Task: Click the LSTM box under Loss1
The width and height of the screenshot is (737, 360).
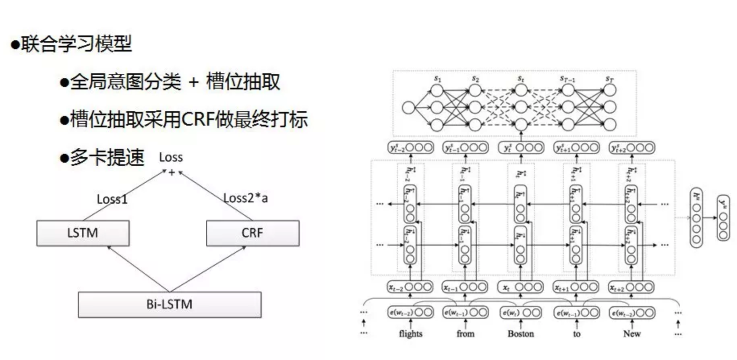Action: point(83,233)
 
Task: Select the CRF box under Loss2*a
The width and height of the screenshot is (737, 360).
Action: point(253,233)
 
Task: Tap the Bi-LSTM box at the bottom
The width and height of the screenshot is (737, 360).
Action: point(170,304)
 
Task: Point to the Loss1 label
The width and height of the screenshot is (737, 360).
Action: point(112,199)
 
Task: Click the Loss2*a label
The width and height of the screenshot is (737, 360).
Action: point(245,198)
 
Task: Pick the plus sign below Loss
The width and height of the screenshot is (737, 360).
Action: point(172,173)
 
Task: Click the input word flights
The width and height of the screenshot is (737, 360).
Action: point(410,333)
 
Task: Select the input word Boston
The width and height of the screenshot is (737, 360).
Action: point(520,333)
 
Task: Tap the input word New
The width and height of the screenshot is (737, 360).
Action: point(631,333)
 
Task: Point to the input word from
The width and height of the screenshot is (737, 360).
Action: point(465,333)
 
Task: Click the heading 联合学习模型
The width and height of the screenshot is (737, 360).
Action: point(77,43)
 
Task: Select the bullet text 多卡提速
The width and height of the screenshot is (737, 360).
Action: point(107,157)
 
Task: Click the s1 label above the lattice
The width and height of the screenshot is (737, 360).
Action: point(437,78)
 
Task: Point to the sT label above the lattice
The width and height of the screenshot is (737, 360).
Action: point(609,78)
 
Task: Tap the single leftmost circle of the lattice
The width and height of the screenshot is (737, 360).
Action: point(408,108)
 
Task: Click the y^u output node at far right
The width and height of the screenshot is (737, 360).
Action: point(723,218)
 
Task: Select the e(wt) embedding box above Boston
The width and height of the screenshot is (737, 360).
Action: point(520,312)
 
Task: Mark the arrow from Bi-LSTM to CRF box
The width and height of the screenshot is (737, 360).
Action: point(207,269)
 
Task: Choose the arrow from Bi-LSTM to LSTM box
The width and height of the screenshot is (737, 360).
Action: point(138,269)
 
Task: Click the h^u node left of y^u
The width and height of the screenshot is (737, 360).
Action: point(696,218)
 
